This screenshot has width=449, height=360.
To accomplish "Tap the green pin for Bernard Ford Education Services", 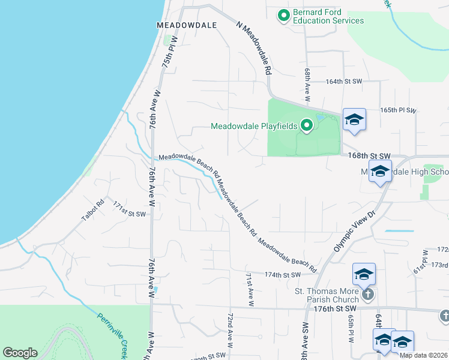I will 283,14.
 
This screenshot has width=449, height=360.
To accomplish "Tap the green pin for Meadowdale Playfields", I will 307,125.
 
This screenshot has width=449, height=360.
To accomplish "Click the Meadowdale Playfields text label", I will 254,126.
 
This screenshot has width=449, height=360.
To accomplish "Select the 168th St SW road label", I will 369,155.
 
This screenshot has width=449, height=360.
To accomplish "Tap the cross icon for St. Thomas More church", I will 368,294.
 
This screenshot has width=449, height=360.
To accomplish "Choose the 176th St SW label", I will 335,308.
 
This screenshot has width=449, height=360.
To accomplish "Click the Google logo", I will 20,353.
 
